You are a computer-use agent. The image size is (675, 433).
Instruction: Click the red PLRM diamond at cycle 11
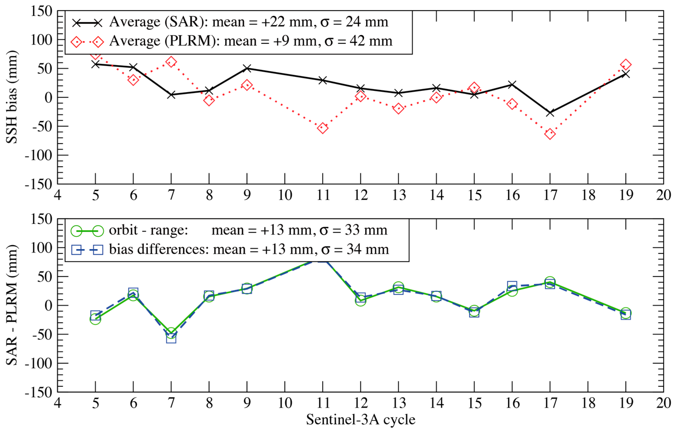coord(323,128)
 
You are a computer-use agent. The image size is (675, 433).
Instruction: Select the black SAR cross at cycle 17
coord(550,113)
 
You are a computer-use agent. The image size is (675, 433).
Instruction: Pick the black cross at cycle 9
coord(247,68)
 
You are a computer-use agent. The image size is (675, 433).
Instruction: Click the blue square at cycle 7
coord(171,338)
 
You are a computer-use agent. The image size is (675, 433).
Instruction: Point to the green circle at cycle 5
coord(95,319)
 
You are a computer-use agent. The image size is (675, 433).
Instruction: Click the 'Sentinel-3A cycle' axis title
coord(361,420)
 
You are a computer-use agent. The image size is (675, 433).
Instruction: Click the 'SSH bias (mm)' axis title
coord(12,97)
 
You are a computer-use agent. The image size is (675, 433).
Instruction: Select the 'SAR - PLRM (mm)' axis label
coord(12,305)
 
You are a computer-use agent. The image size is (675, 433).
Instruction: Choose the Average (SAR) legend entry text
coord(249,22)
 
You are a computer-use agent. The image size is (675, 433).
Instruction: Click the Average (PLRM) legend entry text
coord(251,41)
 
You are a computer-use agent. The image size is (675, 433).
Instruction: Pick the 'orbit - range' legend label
coord(148,230)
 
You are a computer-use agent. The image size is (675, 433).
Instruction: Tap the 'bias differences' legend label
coord(159,249)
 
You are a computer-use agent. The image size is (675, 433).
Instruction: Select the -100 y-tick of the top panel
coord(38,155)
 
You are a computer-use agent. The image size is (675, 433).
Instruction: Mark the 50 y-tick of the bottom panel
coord(45,277)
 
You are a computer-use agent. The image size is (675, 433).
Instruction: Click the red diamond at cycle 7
coord(171,62)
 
